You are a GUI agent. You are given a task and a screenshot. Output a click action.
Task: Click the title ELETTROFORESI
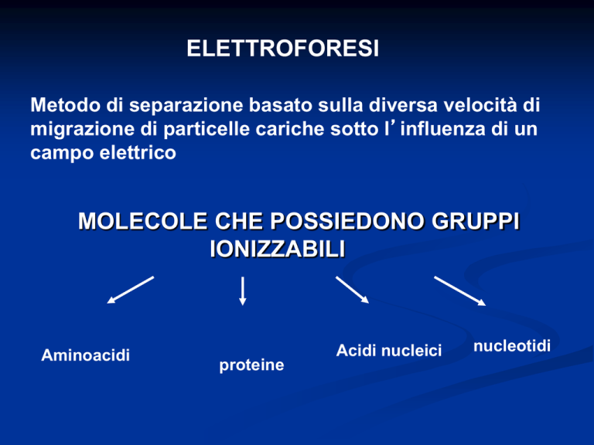click(282, 49)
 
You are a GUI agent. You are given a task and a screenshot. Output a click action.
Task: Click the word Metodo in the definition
click(65, 105)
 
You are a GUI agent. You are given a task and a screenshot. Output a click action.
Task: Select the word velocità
click(480, 105)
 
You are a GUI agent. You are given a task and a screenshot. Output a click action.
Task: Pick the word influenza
click(443, 129)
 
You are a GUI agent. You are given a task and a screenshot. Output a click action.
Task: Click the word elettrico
click(138, 153)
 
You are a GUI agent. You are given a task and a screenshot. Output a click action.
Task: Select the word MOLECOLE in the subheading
click(143, 221)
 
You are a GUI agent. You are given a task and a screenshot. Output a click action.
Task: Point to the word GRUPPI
click(476, 221)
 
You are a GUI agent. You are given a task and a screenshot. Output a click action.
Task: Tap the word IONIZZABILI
click(278, 249)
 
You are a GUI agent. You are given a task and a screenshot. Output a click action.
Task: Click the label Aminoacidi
click(86, 355)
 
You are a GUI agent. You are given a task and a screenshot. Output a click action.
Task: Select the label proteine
click(251, 365)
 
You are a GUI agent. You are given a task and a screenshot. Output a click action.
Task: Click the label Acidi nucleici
click(389, 351)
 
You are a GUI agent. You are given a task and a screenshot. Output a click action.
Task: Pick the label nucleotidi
click(512, 346)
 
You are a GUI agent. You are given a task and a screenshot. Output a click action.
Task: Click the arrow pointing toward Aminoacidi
click(130, 290)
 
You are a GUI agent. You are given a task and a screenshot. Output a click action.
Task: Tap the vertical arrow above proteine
click(243, 290)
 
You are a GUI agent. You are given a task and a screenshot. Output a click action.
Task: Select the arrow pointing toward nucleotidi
click(460, 290)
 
